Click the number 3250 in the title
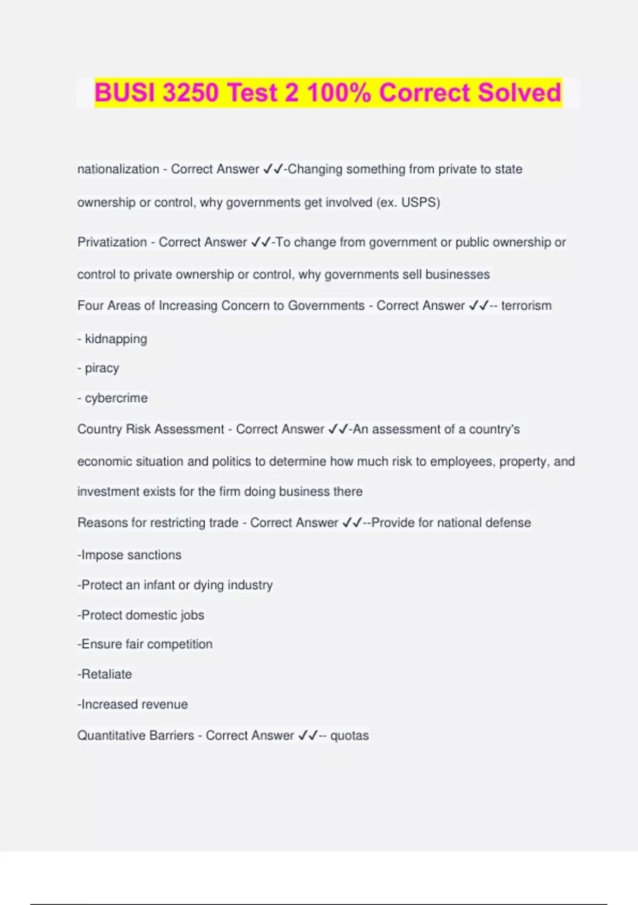pos(190,93)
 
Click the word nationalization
pos(118,169)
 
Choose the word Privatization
pos(112,242)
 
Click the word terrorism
pos(526,306)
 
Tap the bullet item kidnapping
pos(116,339)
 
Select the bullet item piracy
pos(102,368)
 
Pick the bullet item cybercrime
pos(116,398)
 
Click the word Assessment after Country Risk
pos(189,430)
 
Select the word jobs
pos(192,615)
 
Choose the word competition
pos(180,644)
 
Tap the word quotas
pos(349,736)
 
